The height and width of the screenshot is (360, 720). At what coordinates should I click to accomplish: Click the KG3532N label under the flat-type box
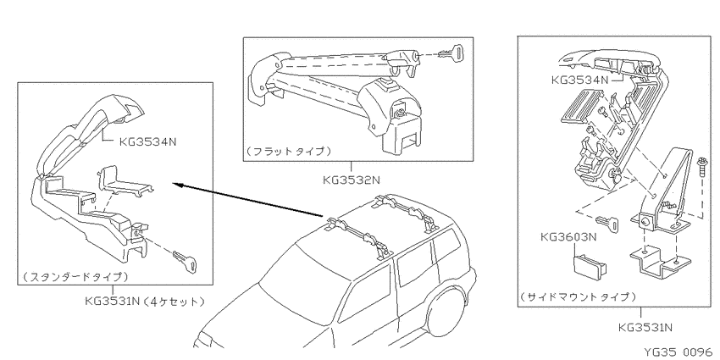click(x=352, y=180)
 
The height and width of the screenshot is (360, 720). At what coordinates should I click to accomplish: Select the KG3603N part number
click(x=568, y=237)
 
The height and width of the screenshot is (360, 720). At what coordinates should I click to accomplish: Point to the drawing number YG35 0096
click(x=680, y=352)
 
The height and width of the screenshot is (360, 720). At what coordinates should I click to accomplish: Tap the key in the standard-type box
click(x=184, y=260)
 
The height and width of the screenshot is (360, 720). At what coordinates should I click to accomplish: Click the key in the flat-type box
click(x=450, y=53)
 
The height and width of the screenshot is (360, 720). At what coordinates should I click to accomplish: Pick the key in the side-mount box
click(x=607, y=223)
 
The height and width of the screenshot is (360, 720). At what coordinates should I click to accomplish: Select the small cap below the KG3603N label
click(x=589, y=265)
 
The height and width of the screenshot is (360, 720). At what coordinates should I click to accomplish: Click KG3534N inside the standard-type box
click(x=147, y=141)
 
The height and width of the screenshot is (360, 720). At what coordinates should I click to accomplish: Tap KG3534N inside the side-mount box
click(x=580, y=80)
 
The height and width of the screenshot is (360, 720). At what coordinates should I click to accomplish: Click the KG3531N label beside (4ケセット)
click(x=112, y=302)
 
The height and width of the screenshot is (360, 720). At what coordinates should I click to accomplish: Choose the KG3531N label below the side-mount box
click(x=645, y=328)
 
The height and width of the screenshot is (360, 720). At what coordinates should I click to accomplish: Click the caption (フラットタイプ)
click(x=288, y=151)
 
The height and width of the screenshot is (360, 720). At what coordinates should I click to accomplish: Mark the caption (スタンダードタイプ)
click(x=75, y=276)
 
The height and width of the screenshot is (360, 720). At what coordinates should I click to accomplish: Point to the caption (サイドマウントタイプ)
click(x=579, y=296)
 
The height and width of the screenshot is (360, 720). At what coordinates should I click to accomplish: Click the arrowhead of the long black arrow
click(x=178, y=185)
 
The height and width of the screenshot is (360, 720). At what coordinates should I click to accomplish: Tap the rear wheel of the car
click(x=450, y=315)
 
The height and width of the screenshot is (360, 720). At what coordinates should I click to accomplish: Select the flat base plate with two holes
click(x=659, y=263)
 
